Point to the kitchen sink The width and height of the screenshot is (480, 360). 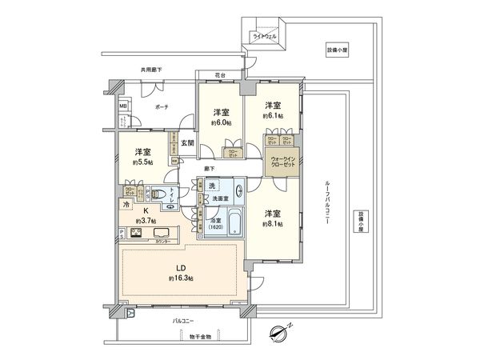tap(162, 234)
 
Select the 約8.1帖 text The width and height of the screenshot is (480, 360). tap(272, 225)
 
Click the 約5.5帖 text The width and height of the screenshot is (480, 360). tap(143, 162)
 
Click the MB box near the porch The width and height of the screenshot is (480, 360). tap(123, 105)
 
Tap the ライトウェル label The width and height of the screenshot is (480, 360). tap(264, 37)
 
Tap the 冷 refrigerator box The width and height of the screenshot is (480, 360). tap(125, 205)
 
